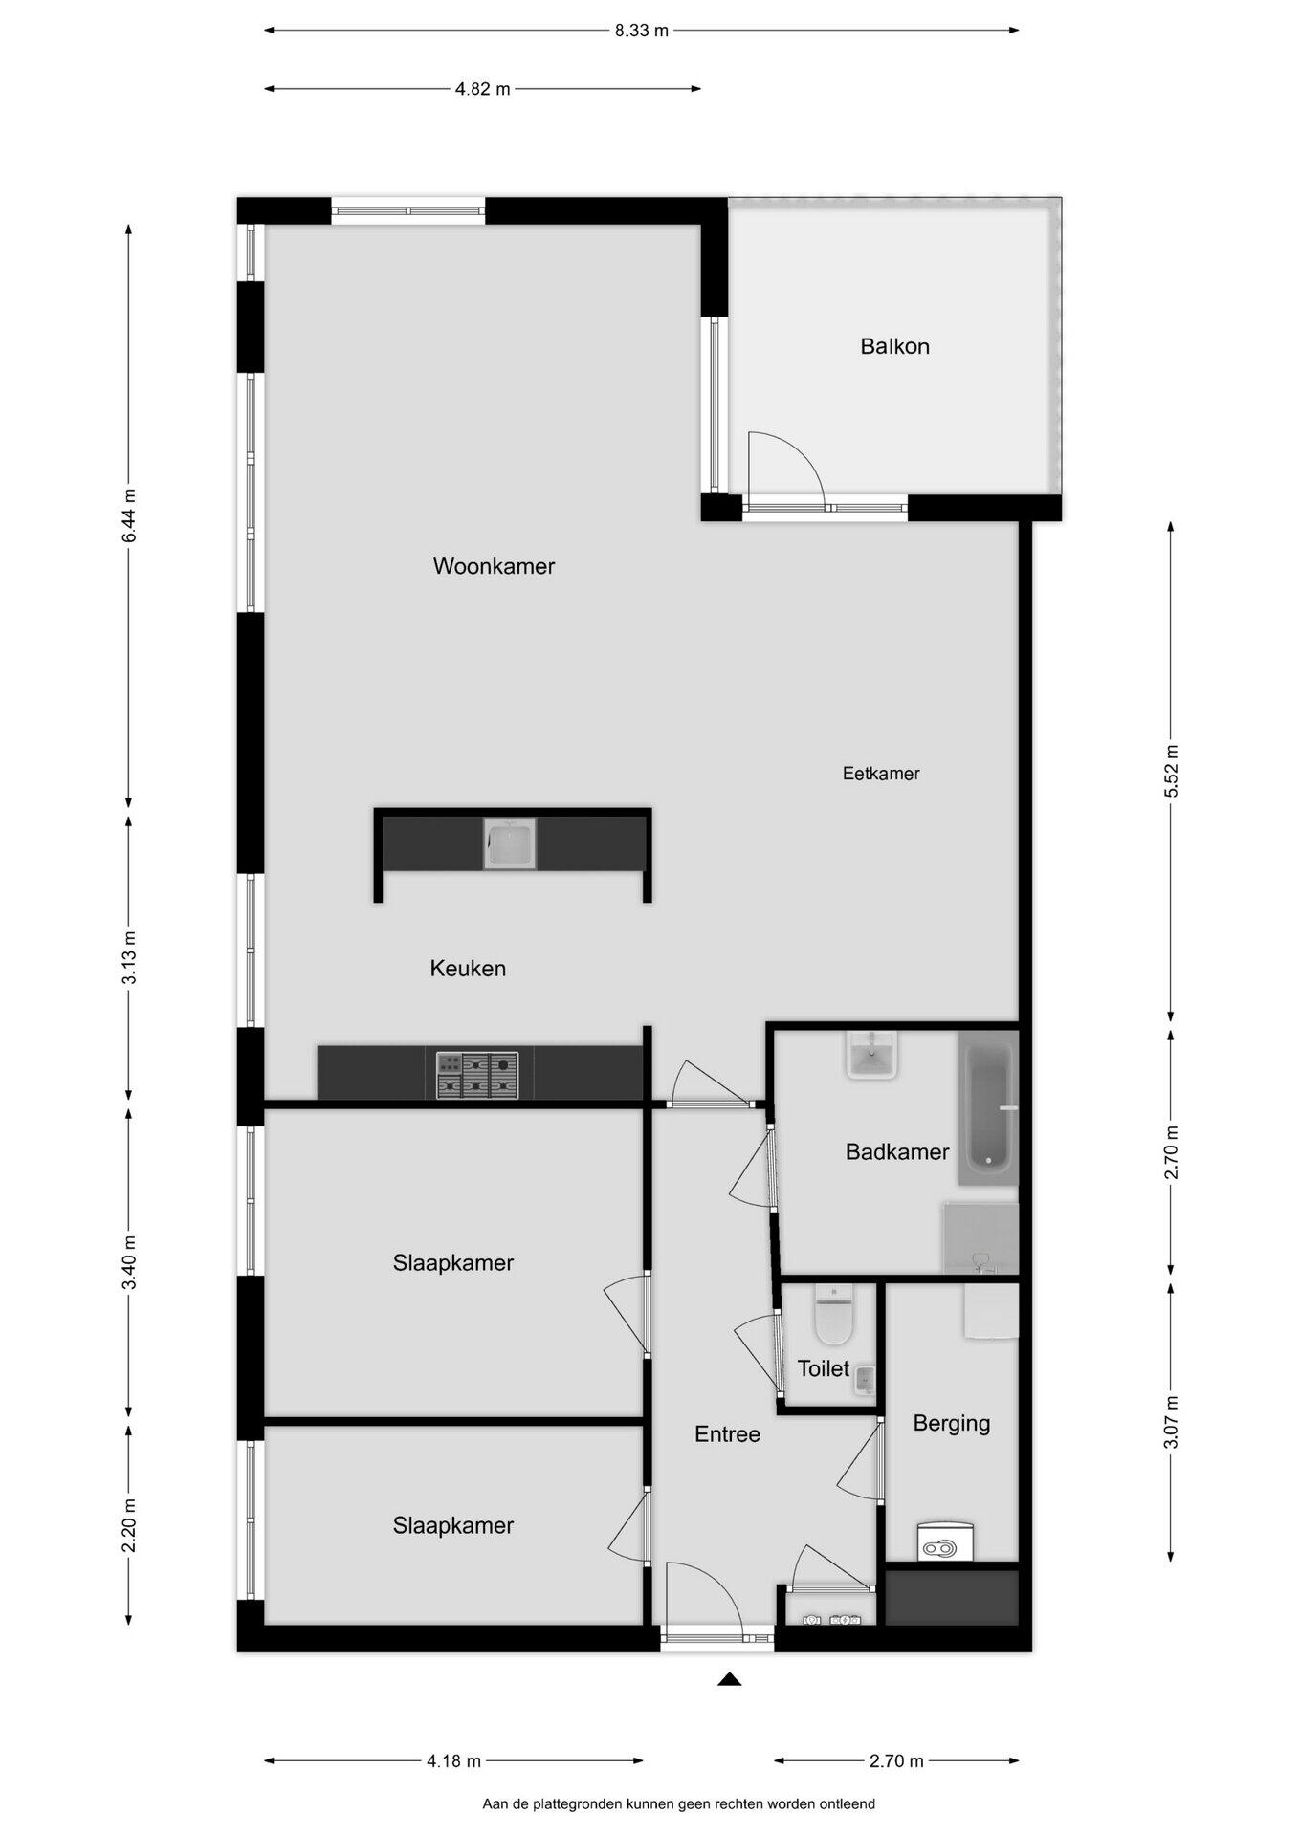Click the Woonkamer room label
tap(494, 566)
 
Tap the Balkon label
tap(894, 346)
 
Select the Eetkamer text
tap(881, 774)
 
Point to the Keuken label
tap(468, 969)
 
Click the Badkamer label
tap(897, 1152)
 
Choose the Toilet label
tap(824, 1369)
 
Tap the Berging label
tap(951, 1423)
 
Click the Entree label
tap(727, 1434)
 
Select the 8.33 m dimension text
tap(641, 31)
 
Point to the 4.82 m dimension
tap(483, 90)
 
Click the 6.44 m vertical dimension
tap(129, 515)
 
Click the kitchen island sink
tap(510, 843)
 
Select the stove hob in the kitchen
tap(477, 1076)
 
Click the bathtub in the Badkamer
tap(988, 1108)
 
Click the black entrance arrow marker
tap(730, 1678)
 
